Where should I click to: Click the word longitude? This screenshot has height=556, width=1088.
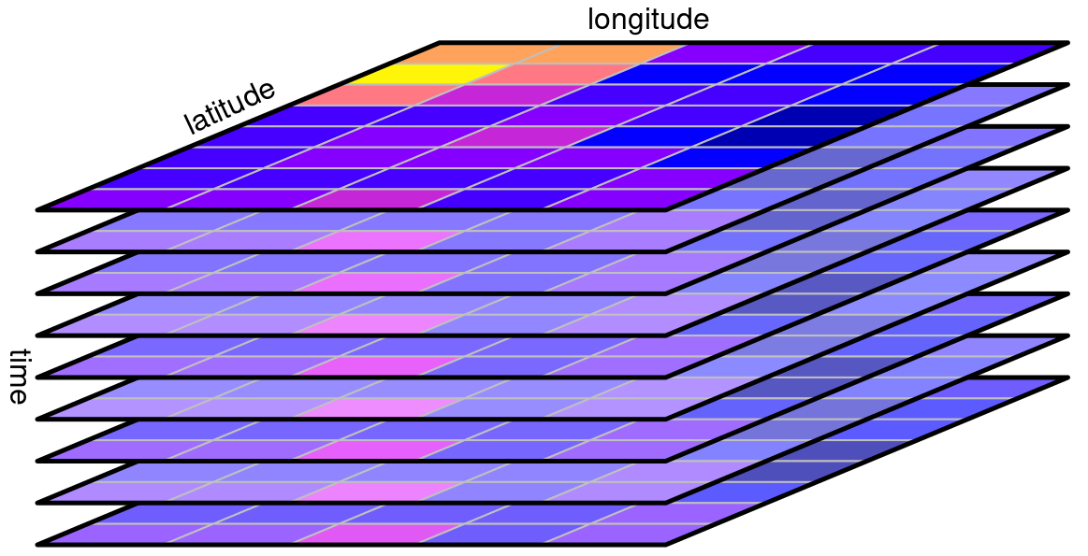pyautogui.click(x=648, y=21)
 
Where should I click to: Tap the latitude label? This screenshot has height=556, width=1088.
pyautogui.click(x=229, y=107)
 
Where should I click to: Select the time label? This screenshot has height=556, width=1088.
pyautogui.click(x=18, y=376)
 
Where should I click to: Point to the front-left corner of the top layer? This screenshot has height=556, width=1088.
pyautogui.click(x=39, y=208)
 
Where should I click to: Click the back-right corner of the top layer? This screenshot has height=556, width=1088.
pyautogui.click(x=1066, y=43)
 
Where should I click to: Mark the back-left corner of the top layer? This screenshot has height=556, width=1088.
pyautogui.click(x=440, y=43)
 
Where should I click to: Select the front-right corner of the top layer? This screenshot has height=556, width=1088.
pyautogui.click(x=666, y=208)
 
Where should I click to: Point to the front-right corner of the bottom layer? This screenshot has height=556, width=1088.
pyautogui.click(x=666, y=544)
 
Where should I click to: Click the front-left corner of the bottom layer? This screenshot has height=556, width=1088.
pyautogui.click(x=39, y=544)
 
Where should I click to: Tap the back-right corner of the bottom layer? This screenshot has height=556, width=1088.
pyautogui.click(x=1066, y=378)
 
